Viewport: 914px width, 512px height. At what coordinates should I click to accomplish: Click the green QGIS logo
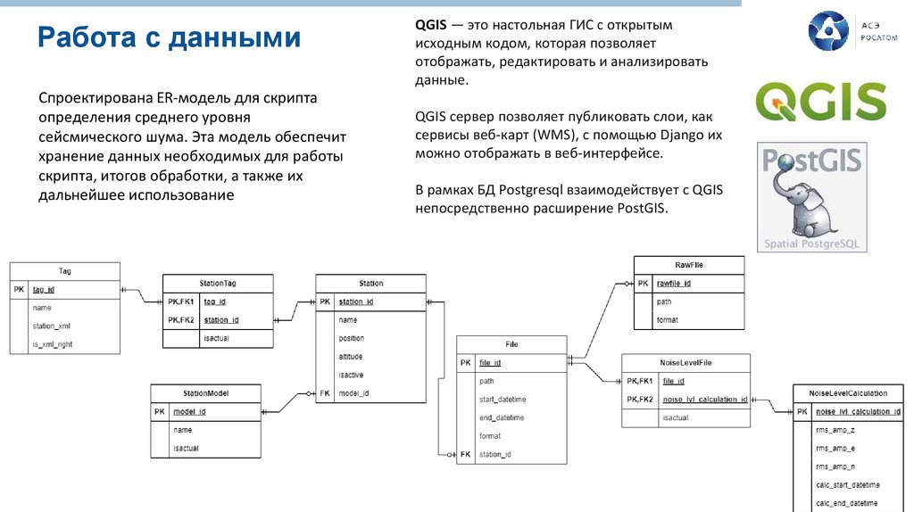[x=821, y=101]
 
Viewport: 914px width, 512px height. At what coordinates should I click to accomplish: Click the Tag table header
[x=65, y=271]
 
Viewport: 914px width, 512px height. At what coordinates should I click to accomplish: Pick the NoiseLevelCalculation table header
[x=847, y=392]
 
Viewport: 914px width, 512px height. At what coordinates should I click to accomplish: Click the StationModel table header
[x=204, y=393]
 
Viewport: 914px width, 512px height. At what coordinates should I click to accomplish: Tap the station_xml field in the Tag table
[x=52, y=326]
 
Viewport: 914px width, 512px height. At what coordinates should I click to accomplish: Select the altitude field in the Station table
[x=351, y=357]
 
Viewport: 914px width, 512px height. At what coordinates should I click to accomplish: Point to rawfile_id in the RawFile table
[x=674, y=284]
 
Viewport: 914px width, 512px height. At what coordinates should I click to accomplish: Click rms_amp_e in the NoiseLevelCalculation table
[x=835, y=448]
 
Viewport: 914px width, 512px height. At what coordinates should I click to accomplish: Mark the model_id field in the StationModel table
[x=189, y=411]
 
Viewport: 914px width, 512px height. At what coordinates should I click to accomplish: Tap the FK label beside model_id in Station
[x=325, y=393]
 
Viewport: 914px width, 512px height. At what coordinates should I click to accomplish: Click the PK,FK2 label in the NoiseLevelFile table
[x=640, y=399]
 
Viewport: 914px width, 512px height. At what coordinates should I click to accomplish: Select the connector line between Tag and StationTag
[x=141, y=296]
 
